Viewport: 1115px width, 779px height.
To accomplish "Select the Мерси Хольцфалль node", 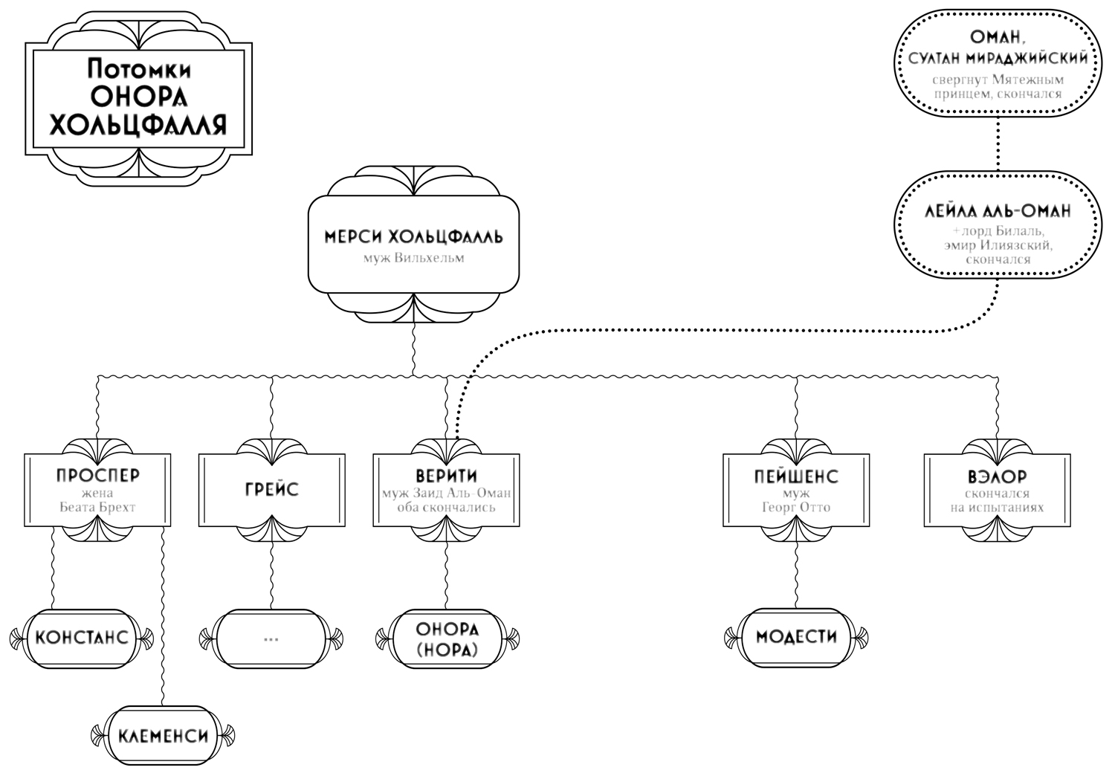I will [413, 245].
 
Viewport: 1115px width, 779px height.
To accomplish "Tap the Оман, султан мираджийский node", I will [998, 65].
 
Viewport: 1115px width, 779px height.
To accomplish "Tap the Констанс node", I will [82, 638].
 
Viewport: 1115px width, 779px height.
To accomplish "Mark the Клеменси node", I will [162, 737].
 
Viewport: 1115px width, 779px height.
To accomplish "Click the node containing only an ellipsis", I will [271, 638].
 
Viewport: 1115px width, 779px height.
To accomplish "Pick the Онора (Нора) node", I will [447, 639].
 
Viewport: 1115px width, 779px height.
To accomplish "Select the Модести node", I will [796, 637].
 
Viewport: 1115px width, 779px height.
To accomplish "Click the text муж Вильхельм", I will [413, 259].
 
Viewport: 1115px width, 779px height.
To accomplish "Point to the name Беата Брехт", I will [97, 508].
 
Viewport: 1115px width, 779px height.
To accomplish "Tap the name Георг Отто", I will [796, 508].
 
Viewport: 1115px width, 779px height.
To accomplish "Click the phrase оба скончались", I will [447, 508].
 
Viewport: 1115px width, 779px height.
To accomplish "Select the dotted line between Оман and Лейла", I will [998, 145].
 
